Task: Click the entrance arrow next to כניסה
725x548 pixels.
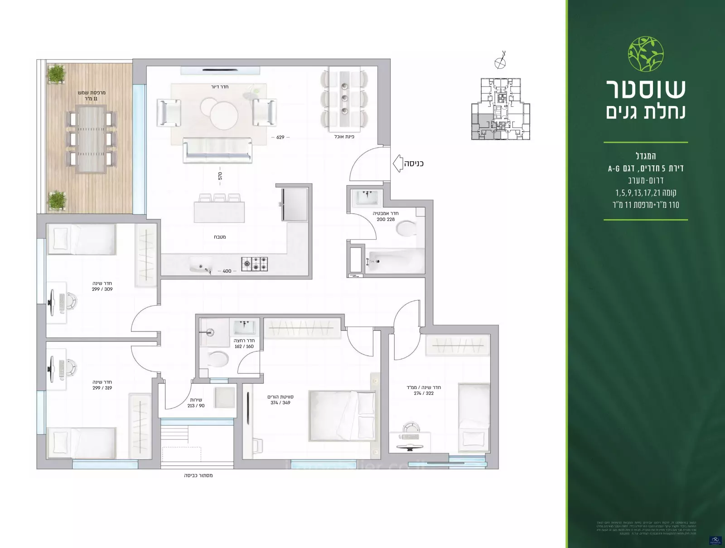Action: tap(397, 163)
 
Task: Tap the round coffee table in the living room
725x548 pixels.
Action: tap(224, 115)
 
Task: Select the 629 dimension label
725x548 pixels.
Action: tap(280, 137)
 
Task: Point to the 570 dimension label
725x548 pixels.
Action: tap(220, 176)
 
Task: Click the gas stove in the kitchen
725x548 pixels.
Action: tap(254, 264)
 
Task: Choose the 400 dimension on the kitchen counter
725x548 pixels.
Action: tap(227, 271)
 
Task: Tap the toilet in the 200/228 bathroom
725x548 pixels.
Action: tap(406, 228)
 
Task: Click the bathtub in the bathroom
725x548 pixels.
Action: tap(394, 261)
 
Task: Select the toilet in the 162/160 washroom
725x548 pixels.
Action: tap(217, 359)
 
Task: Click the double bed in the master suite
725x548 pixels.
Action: tap(342, 416)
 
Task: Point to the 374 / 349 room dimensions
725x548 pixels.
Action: tap(280, 403)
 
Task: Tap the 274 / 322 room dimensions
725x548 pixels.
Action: tap(424, 393)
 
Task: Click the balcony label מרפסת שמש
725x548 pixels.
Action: tap(92, 92)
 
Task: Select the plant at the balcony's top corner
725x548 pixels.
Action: tap(56, 74)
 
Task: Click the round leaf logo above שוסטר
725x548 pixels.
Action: tap(646, 54)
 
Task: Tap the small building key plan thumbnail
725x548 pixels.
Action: tap(500, 109)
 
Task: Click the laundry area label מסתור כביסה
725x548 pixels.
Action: tap(198, 476)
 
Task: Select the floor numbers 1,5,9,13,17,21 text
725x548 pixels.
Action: tap(646, 193)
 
